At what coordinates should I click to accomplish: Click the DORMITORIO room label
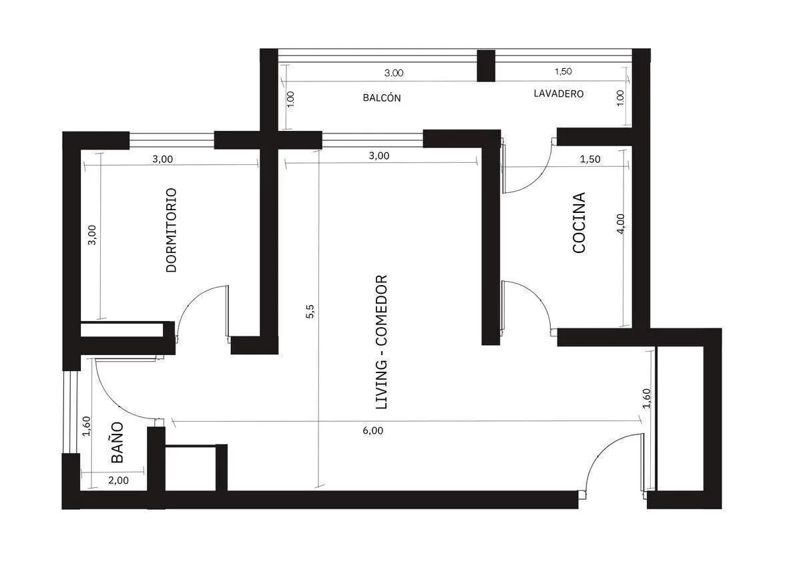(172, 230)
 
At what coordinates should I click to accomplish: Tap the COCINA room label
(579, 223)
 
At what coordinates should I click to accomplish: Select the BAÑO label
(117, 443)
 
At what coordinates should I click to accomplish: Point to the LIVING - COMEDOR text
(382, 342)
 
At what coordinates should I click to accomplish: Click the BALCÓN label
(382, 98)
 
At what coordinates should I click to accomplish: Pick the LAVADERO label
(559, 93)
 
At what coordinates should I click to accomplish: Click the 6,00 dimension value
(373, 431)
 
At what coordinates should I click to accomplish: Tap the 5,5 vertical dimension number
(310, 311)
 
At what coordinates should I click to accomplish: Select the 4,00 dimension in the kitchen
(621, 224)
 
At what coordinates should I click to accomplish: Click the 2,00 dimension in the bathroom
(118, 480)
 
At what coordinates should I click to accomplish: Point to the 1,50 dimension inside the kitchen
(590, 159)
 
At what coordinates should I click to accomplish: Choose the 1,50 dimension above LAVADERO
(563, 71)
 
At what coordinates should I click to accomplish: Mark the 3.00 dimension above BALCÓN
(394, 73)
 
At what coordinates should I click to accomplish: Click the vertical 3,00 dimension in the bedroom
(92, 235)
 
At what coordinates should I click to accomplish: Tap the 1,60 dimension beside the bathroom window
(87, 427)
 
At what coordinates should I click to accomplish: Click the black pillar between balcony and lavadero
(486, 66)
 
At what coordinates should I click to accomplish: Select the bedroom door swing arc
(196, 300)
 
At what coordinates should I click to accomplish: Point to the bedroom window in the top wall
(172, 139)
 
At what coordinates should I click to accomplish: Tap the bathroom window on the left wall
(71, 412)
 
